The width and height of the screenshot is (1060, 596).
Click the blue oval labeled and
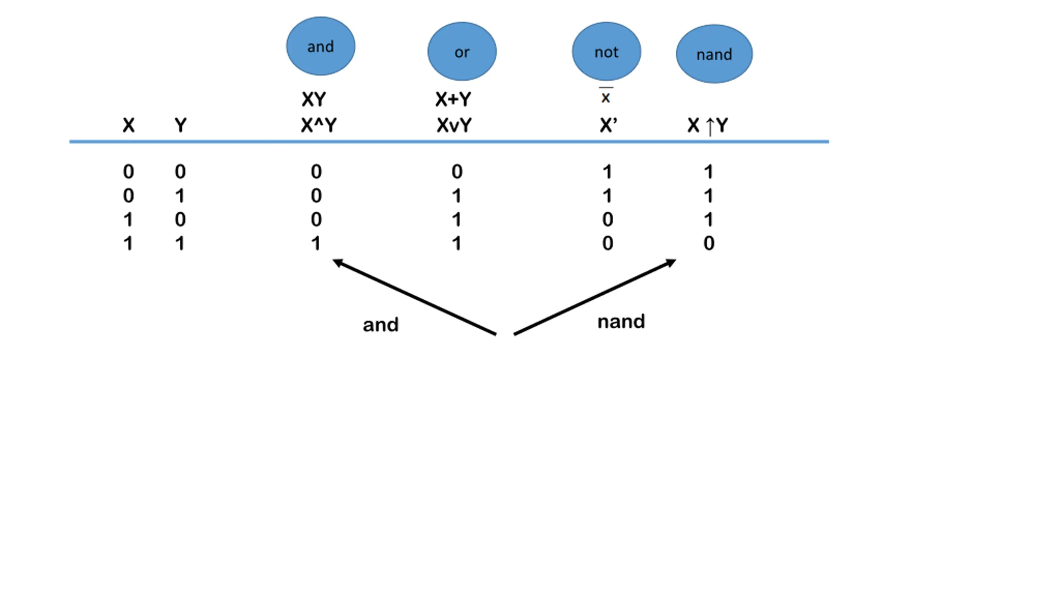click(320, 46)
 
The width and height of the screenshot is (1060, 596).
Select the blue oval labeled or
click(462, 51)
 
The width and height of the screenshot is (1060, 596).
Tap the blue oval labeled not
click(606, 51)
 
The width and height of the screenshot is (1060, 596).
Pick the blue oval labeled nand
click(714, 54)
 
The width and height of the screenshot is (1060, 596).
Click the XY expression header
click(314, 99)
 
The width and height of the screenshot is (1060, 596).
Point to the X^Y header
click(318, 125)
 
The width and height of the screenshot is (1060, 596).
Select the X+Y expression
click(453, 99)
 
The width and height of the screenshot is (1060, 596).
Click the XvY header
click(454, 125)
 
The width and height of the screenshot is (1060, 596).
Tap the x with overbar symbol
click(606, 97)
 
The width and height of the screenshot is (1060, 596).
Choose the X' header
click(608, 125)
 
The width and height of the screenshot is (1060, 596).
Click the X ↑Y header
click(707, 125)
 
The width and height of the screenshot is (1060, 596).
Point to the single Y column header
click(180, 125)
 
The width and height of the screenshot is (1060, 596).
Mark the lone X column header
click(128, 125)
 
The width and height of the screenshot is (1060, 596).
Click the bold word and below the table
click(381, 325)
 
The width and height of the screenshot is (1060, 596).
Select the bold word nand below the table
click(621, 322)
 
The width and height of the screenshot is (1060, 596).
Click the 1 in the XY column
click(316, 243)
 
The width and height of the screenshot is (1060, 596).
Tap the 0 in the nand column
click(708, 243)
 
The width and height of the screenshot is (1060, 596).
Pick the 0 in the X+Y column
click(457, 172)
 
